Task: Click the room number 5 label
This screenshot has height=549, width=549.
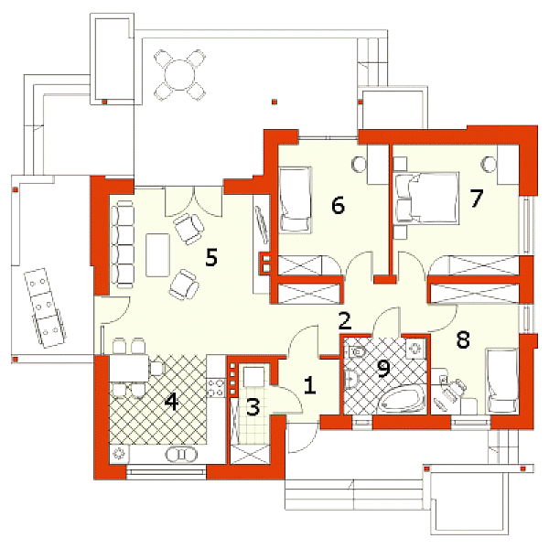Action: (211, 257)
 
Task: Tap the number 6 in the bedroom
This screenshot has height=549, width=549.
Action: (338, 205)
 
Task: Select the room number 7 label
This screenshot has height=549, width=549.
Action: (476, 199)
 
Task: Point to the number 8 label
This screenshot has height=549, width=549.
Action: (463, 339)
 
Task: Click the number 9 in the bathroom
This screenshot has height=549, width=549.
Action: (383, 369)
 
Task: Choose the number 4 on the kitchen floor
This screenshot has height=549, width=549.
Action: (172, 402)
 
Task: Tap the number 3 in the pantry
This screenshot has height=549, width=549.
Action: (253, 407)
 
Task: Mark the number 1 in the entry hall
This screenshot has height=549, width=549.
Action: (309, 385)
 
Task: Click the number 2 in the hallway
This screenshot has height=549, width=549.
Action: (345, 321)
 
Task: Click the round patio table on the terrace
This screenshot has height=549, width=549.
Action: (179, 75)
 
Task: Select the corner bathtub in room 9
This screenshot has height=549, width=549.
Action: (403, 402)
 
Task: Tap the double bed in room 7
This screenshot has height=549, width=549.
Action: (426, 198)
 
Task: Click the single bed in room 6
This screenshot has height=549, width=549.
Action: (296, 199)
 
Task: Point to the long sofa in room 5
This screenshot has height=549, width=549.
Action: (123, 244)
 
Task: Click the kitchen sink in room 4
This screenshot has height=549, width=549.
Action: (181, 455)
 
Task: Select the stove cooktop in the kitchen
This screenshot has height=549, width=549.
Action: (216, 388)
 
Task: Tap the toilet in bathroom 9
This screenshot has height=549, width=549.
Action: (357, 350)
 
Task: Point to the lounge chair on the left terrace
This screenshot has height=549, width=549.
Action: (45, 308)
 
